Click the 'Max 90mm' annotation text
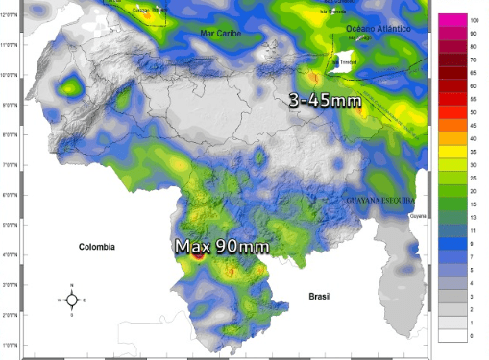(221, 247)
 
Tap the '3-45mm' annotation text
(326, 98)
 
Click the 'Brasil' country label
(319, 297)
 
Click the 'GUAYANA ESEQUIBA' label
(379, 200)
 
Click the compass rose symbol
(72, 300)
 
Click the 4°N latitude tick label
(12, 255)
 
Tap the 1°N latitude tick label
(12, 345)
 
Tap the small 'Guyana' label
(417, 217)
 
